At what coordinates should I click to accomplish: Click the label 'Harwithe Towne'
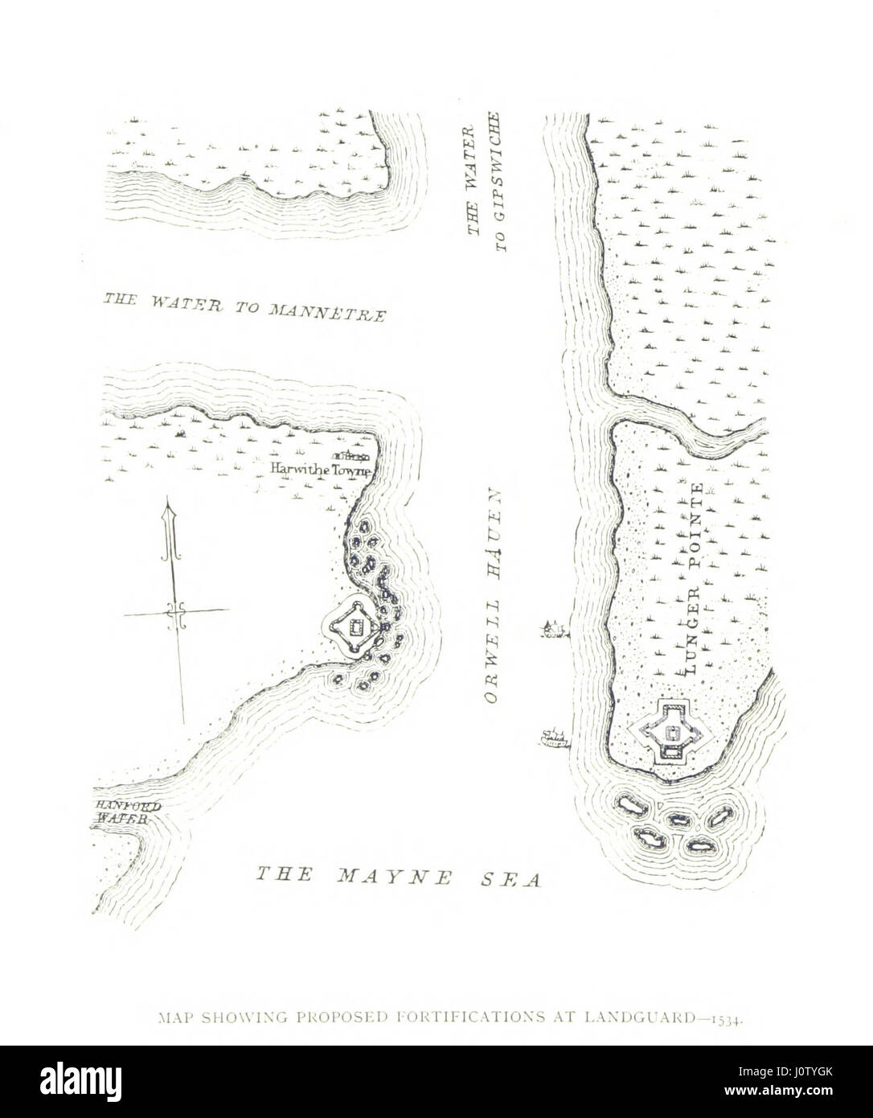pyautogui.click(x=320, y=471)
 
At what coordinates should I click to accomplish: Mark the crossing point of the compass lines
pyautogui.click(x=176, y=613)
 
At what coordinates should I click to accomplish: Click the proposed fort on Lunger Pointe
pyautogui.click(x=671, y=733)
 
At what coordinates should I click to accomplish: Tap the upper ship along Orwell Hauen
pyautogui.click(x=551, y=628)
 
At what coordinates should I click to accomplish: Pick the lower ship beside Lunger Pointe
pyautogui.click(x=552, y=737)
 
